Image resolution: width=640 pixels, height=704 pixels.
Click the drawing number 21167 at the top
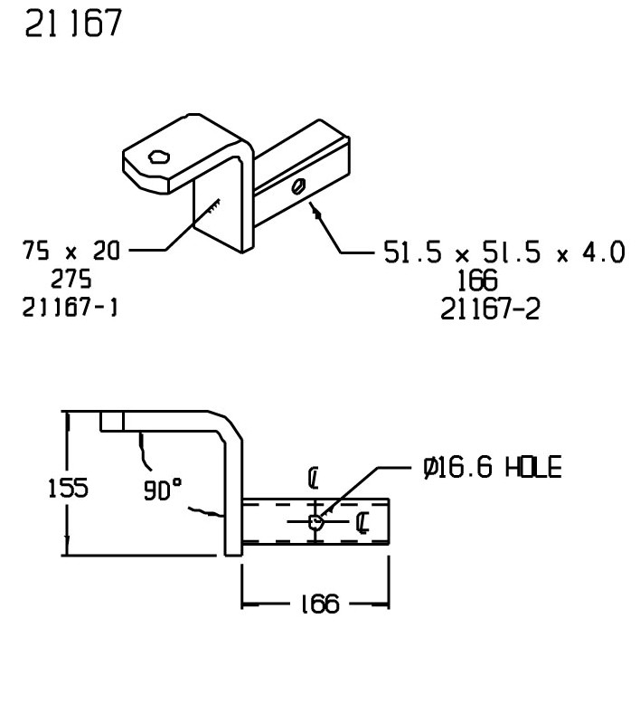(73, 24)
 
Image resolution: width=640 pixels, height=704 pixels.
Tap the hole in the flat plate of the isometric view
(159, 157)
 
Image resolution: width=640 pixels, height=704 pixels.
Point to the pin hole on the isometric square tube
(298, 186)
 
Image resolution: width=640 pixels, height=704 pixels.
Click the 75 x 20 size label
(71, 251)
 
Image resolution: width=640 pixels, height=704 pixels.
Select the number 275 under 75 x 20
(71, 279)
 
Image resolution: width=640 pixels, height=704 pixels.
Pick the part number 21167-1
(70, 308)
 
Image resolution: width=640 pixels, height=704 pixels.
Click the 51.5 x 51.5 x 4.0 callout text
(504, 252)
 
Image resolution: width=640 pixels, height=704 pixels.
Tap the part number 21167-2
(490, 309)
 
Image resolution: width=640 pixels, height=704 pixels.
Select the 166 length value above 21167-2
(477, 281)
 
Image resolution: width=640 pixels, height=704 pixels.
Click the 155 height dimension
(68, 488)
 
